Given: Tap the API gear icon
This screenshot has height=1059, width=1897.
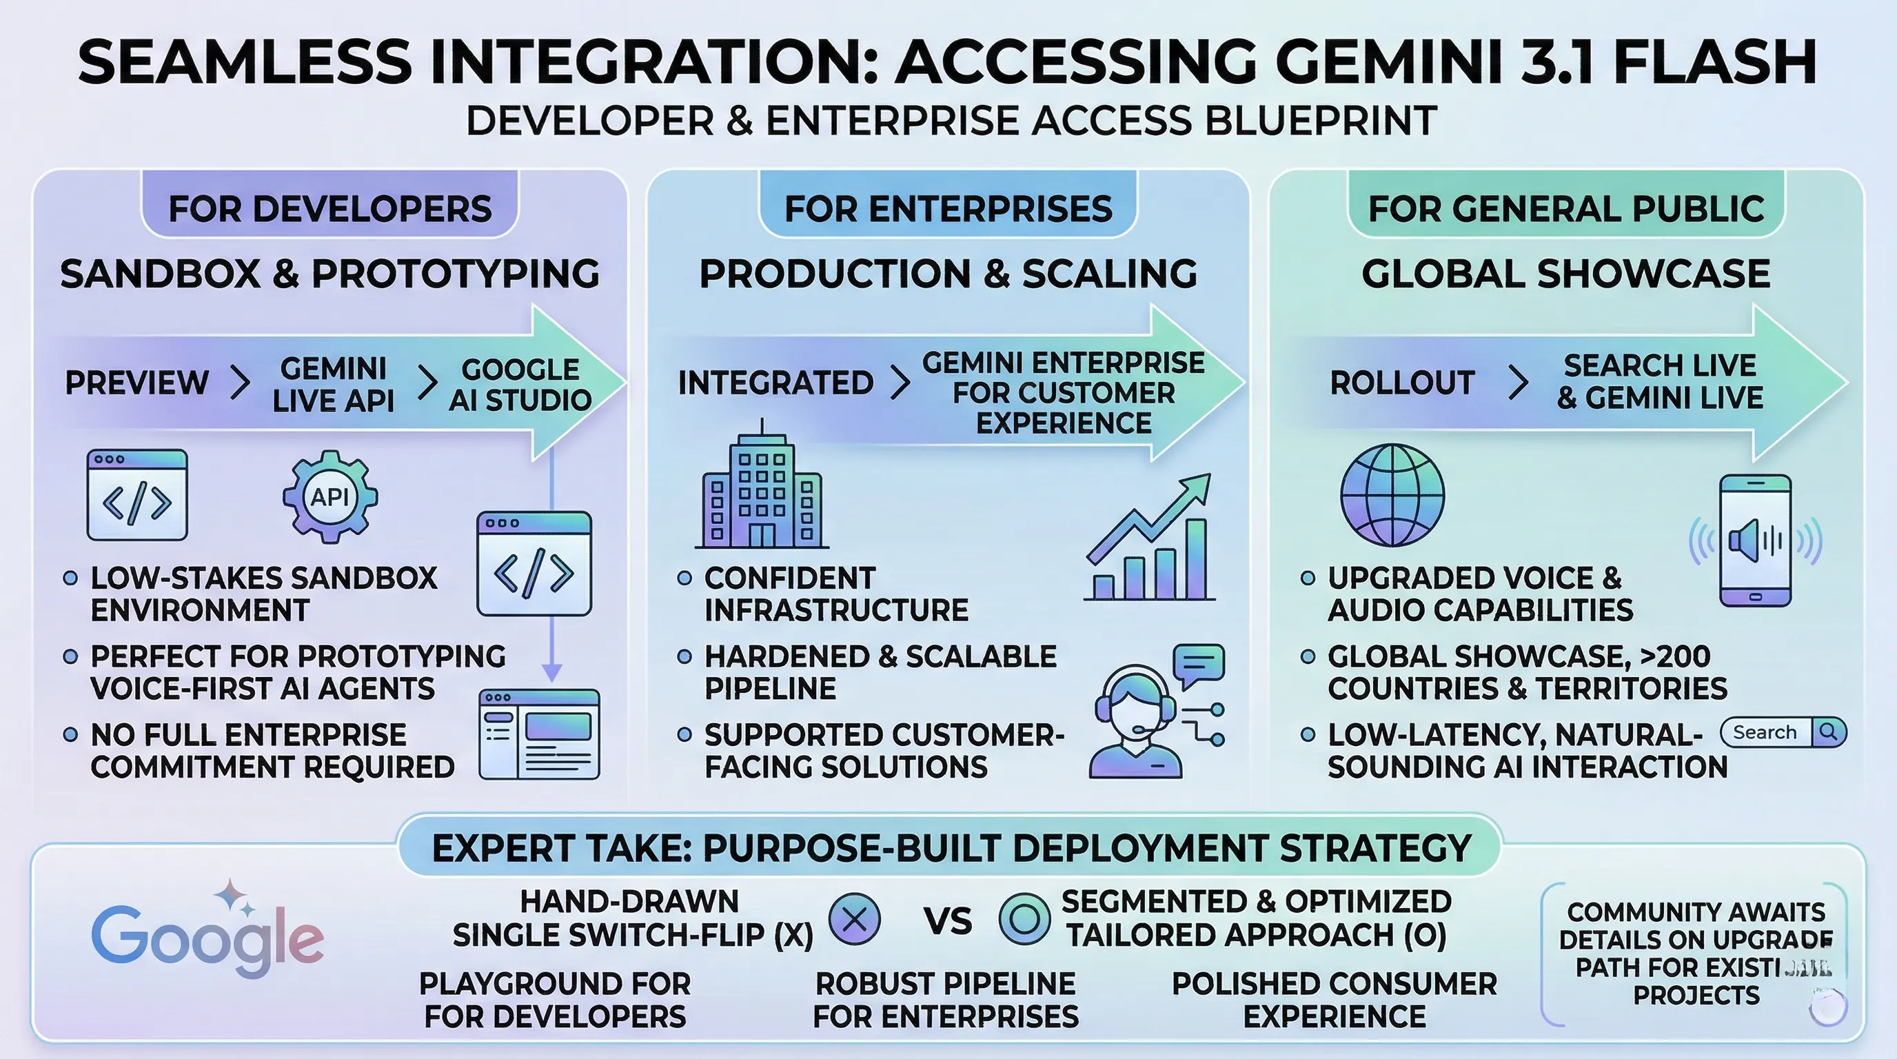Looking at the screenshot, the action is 330,497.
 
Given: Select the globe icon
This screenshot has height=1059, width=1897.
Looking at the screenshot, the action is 1392,495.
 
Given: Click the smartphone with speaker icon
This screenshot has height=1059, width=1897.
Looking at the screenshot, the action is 1756,541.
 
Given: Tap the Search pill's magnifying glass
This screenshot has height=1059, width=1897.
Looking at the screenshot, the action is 1828,732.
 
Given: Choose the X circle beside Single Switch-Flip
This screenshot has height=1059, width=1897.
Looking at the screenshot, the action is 854,918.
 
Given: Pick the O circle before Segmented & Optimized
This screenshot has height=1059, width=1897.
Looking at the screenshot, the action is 1024,918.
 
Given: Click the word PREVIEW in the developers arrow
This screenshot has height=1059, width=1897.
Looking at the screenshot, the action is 137,383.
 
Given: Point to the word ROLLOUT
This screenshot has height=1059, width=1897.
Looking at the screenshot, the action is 1402,383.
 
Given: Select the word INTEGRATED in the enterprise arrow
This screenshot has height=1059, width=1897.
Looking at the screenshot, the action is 775,383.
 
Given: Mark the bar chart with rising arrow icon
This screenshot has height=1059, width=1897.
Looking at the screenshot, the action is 1149,538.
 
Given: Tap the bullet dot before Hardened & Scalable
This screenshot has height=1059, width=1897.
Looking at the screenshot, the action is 684,656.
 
